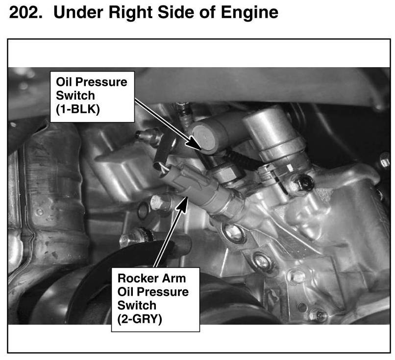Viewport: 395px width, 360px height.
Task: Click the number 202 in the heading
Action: point(25,12)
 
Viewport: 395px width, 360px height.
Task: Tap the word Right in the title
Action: point(131,13)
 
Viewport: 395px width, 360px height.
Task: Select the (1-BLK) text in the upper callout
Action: point(78,109)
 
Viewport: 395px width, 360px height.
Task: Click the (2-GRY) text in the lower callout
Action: point(140,319)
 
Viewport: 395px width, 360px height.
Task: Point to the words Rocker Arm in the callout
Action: point(151,278)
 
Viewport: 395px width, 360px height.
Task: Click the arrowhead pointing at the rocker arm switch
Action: point(182,205)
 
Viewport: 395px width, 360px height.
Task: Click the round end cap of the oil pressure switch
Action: point(204,139)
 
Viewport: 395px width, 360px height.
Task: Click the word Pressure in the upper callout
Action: point(101,82)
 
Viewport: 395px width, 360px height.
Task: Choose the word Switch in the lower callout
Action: point(137,306)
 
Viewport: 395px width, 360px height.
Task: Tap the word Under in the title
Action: point(78,12)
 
